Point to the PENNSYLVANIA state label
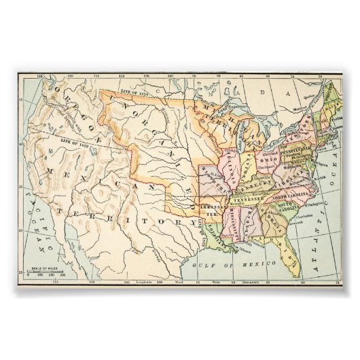tap(292, 148)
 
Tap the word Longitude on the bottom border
tap(145, 280)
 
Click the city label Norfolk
tap(312, 179)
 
